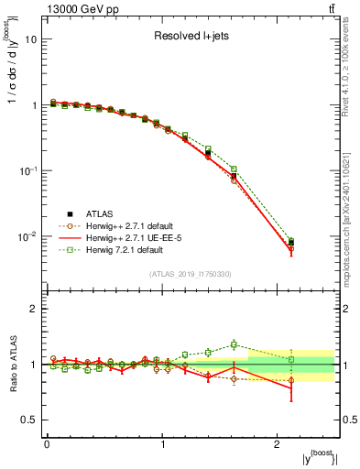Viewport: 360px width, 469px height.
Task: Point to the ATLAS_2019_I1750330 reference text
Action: coord(191,274)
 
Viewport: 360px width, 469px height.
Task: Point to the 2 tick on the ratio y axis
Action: coord(35,309)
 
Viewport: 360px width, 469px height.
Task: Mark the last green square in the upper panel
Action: coord(291,241)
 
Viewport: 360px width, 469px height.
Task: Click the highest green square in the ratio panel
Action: coord(234,344)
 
